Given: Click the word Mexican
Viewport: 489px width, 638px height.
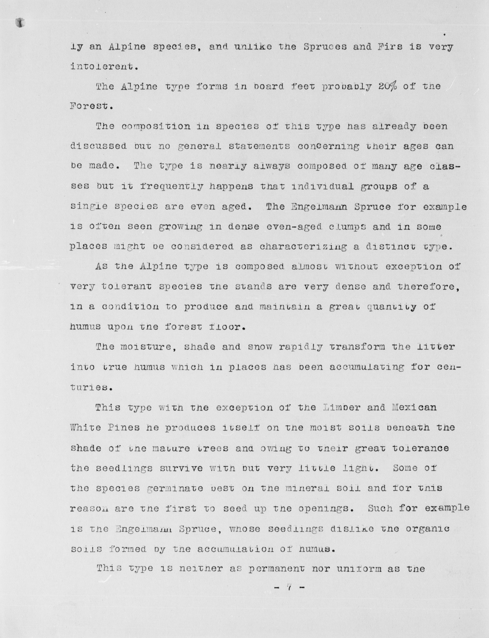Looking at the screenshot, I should [x=414, y=407].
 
